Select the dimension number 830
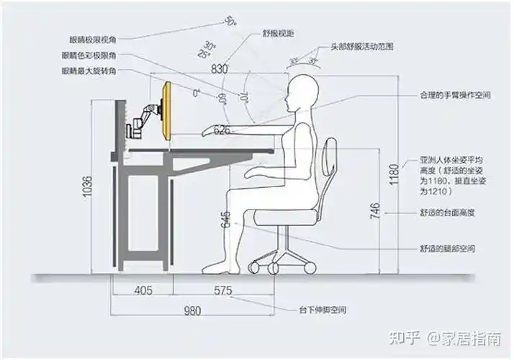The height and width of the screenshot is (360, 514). pos(221,69)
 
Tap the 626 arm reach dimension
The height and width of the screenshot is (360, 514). pos(222,130)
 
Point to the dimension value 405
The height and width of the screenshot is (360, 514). pos(143,291)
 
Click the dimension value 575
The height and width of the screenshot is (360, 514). pos(223,291)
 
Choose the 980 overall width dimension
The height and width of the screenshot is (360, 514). pos(191,312)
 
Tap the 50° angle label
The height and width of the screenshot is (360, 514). pos(230,22)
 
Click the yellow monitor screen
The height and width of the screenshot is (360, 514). pos(167,112)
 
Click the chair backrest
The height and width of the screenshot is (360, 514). pos(330,168)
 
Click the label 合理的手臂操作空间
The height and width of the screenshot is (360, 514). pos(456,95)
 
